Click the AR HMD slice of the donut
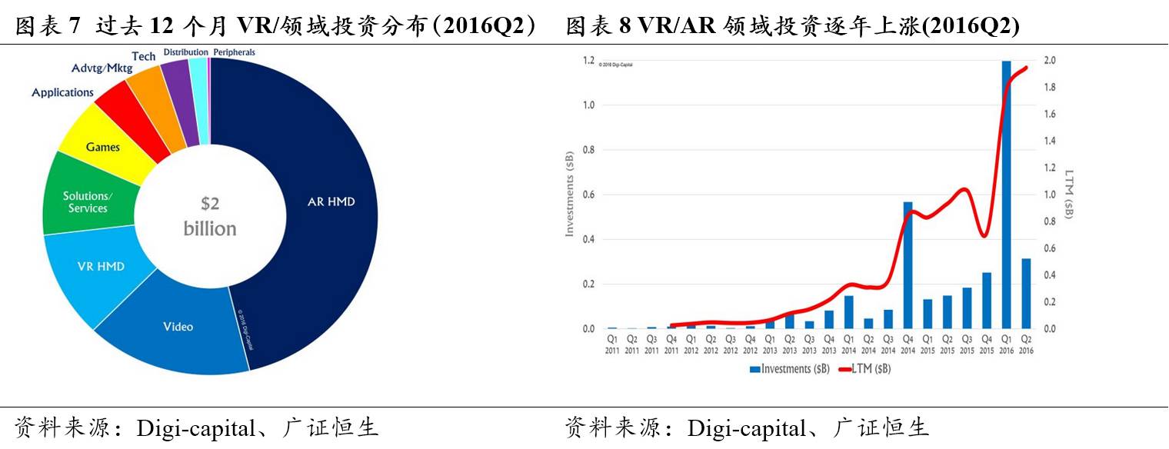click(331, 201)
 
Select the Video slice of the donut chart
click(178, 327)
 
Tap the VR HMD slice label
click(101, 267)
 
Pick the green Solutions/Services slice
click(87, 202)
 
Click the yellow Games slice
click(102, 147)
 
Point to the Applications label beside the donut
click(62, 92)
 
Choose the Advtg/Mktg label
click(102, 68)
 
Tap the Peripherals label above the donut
click(234, 52)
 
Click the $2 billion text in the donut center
click(210, 216)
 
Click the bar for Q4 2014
click(908, 265)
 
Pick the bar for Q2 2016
click(1026, 293)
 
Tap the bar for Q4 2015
click(987, 300)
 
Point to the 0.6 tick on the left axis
click(588, 195)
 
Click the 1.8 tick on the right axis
click(1050, 88)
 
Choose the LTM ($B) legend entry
click(866, 369)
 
